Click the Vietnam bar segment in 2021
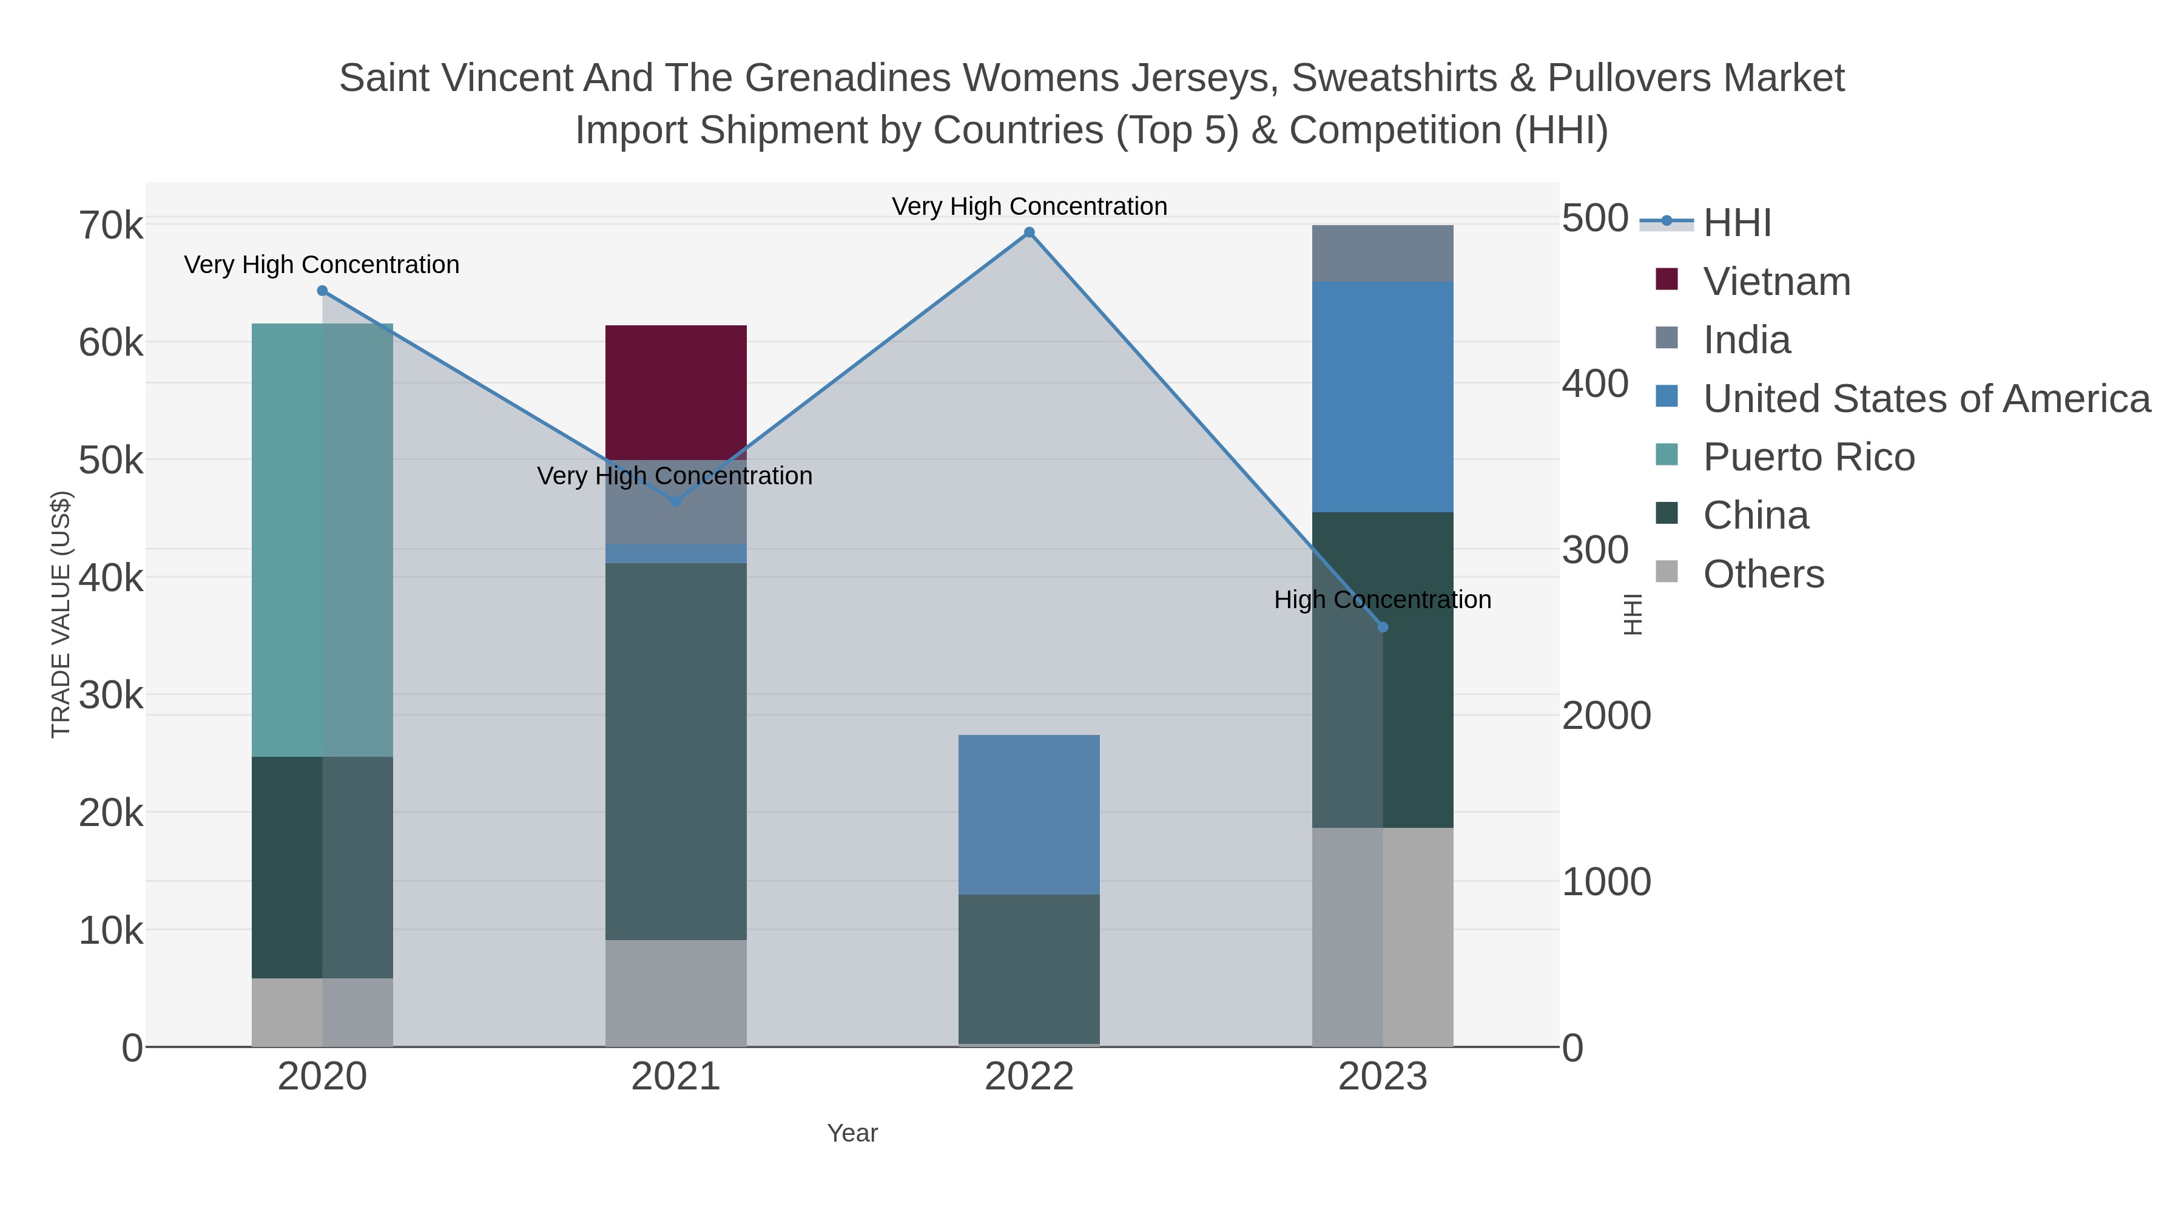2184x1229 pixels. [x=676, y=393]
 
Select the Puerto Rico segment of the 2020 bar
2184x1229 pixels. [x=322, y=540]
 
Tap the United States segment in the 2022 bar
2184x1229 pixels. [x=1030, y=815]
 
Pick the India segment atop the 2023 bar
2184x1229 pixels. [x=1383, y=254]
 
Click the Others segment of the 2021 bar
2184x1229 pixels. [x=676, y=993]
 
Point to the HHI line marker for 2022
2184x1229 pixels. [x=1030, y=232]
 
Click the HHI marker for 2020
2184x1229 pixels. [x=322, y=291]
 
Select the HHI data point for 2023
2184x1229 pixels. [x=1383, y=628]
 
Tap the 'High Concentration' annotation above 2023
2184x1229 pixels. [x=1383, y=600]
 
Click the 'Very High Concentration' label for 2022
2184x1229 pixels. [x=1030, y=207]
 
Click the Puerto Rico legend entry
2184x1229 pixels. [x=1785, y=456]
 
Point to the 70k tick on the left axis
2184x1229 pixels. [x=111, y=226]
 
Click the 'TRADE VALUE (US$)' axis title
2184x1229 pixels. [x=61, y=614]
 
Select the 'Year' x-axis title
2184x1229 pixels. [x=853, y=1133]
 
